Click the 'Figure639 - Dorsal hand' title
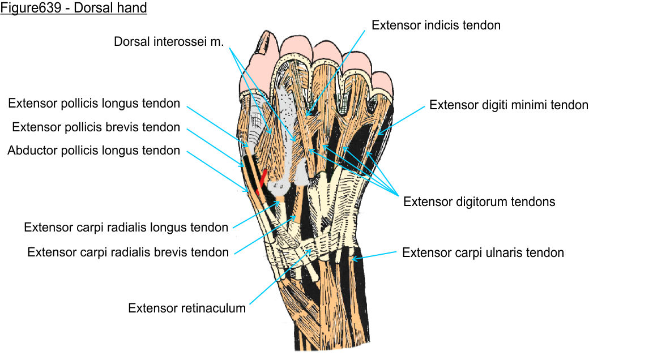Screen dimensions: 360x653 click(x=74, y=8)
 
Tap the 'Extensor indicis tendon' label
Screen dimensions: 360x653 click(x=436, y=25)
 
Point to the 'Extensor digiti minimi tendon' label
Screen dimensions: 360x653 click(x=509, y=105)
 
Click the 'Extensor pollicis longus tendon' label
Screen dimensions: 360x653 click(x=94, y=104)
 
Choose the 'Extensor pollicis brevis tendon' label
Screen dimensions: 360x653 click(x=96, y=127)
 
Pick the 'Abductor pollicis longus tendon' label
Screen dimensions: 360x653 click(x=93, y=151)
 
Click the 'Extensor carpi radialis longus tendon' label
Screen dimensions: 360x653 click(x=126, y=228)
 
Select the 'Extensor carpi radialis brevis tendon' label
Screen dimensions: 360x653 click(x=128, y=252)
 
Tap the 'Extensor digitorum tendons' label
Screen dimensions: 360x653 click(x=479, y=202)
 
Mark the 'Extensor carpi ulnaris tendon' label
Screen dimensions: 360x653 click(x=483, y=252)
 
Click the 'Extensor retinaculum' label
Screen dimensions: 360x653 click(x=187, y=308)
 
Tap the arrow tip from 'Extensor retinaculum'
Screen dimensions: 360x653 click(x=310, y=250)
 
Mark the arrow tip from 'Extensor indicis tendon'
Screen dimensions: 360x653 click(x=306, y=117)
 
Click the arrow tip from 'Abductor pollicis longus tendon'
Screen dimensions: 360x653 click(x=247, y=191)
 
